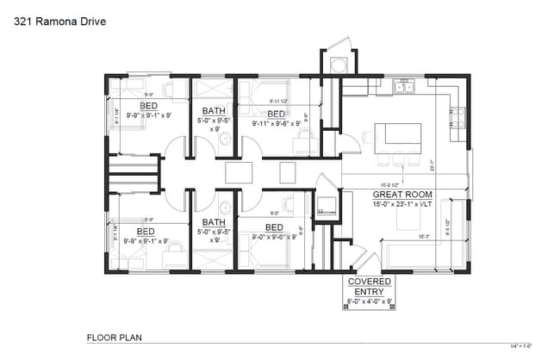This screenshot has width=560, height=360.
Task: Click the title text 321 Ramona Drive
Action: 60,22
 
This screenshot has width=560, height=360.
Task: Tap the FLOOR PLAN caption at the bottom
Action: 114,337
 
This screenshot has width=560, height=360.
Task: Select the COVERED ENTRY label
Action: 369,287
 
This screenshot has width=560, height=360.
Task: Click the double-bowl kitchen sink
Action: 403,84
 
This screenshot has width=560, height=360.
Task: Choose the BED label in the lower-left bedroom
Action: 146,232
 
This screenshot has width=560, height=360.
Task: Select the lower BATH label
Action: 214,221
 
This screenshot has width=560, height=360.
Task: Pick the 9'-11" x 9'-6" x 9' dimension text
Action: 276,123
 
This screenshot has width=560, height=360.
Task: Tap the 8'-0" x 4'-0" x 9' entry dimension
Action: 369,302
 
